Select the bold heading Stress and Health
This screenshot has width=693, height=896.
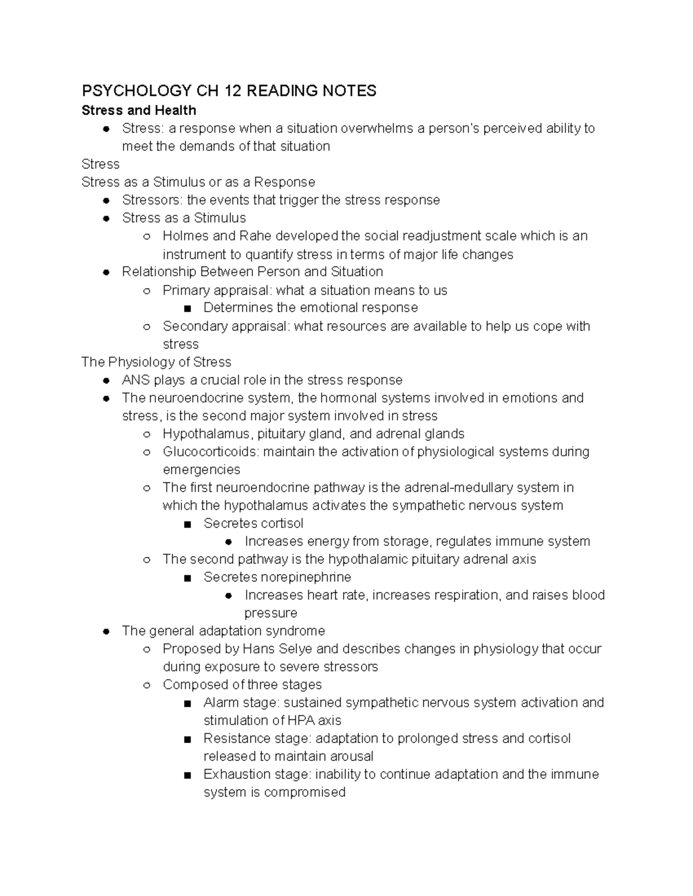coord(139,110)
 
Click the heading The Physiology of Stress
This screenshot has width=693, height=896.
coord(156,362)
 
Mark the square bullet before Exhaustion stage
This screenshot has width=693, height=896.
coord(187,775)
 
